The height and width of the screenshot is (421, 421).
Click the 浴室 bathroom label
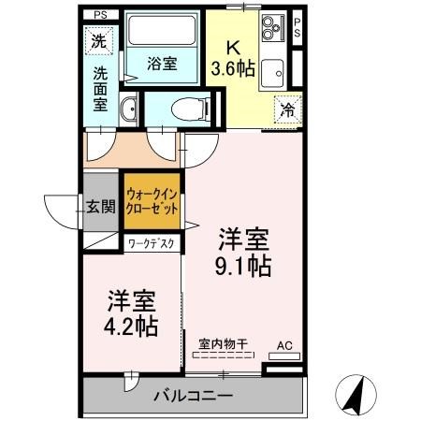[164, 64]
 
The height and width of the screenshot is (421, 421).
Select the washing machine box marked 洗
[98, 40]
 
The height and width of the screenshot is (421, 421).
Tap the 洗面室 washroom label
[100, 86]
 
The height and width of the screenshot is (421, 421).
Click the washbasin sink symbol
[129, 109]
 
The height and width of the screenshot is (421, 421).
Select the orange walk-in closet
[151, 202]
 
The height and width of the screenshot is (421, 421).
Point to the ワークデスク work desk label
[152, 243]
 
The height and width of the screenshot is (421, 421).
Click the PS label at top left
[100, 15]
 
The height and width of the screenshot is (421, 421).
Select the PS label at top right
[298, 27]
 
